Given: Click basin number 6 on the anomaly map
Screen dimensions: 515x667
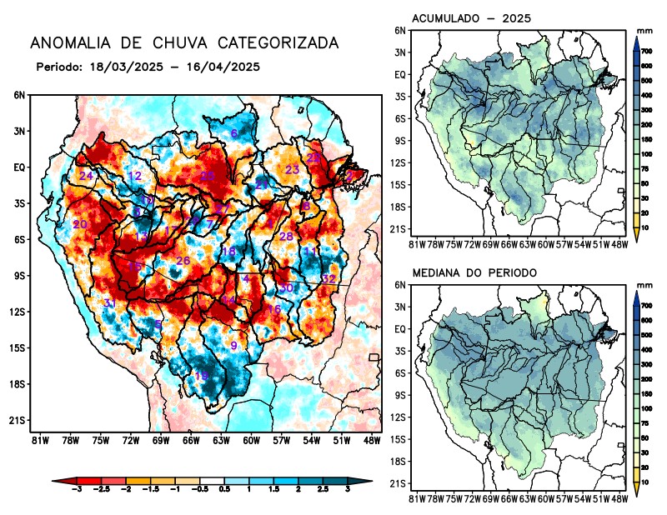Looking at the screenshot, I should click(234, 133).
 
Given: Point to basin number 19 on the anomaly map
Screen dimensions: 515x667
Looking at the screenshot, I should click(201, 376).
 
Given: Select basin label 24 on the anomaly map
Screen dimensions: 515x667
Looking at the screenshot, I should click(86, 176).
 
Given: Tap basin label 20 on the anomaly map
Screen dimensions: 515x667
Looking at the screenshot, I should click(80, 225).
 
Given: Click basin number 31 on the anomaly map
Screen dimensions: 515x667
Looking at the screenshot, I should click(109, 302).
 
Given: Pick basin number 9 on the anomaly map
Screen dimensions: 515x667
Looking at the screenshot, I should click(234, 346).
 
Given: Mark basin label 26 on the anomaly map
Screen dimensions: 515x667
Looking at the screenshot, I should click(183, 261).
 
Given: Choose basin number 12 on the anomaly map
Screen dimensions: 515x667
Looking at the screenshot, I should click(134, 176).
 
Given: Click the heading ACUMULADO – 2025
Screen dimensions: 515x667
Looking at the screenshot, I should click(472, 18).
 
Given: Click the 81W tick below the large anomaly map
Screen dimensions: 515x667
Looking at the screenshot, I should click(38, 439).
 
